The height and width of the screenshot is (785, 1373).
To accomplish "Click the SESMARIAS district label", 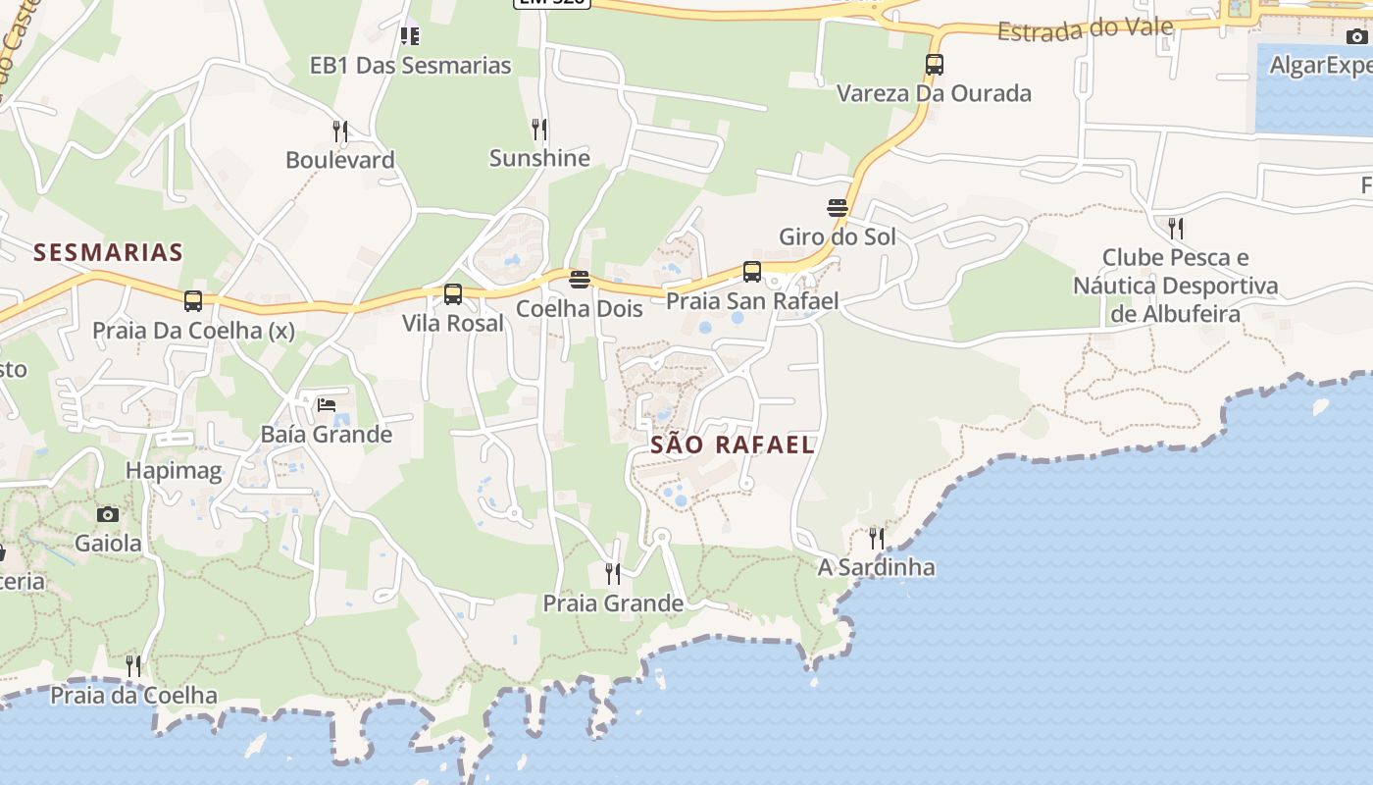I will click(108, 252).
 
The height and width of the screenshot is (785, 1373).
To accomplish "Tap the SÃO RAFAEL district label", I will click(733, 445).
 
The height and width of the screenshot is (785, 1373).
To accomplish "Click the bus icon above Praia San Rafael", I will click(752, 272).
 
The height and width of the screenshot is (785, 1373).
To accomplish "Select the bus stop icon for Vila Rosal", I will click(453, 293).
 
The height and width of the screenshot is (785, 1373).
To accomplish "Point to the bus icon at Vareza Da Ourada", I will click(935, 65).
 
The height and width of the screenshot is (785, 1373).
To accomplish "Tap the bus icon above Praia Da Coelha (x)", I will click(193, 301).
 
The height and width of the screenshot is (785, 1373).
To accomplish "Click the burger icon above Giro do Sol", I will click(837, 208).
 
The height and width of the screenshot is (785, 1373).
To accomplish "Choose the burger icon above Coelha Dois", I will click(580, 280).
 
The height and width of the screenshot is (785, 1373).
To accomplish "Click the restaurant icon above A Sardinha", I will click(877, 538).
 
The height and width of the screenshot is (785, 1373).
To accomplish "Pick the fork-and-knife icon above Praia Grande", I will click(613, 573).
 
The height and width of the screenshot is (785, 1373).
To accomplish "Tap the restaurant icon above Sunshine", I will click(539, 129).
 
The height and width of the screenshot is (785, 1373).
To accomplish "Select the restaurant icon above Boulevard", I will click(340, 131).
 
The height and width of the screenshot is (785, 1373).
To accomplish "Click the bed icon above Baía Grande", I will click(327, 404).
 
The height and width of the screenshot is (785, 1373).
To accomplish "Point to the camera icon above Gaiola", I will click(108, 514).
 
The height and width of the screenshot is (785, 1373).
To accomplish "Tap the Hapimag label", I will click(174, 471).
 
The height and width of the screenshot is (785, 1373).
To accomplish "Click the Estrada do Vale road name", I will click(1085, 29).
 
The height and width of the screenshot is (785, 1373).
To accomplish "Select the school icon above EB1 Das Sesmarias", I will click(410, 36).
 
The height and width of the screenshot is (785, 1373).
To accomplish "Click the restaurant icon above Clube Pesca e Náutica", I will click(1175, 229).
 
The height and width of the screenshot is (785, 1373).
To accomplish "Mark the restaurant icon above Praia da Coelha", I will click(133, 666).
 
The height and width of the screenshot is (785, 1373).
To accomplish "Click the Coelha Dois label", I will click(580, 308).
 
